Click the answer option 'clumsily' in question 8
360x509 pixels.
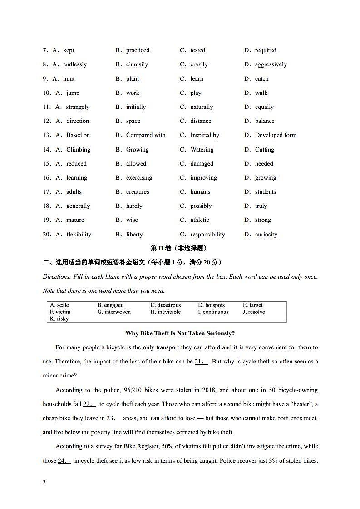click(137, 64)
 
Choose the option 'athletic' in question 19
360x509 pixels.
click(199, 220)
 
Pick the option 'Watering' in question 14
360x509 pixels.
click(202, 150)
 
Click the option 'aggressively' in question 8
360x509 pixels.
click(271, 64)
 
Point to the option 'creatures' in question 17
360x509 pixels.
click(137, 192)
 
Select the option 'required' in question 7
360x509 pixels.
click(265, 50)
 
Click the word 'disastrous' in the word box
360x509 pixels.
click(168, 305)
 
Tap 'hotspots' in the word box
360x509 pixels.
click(215, 305)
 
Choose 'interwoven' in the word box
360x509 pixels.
click(117, 312)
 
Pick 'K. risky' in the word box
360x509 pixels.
click(59, 319)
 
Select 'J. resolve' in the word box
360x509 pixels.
click(254, 312)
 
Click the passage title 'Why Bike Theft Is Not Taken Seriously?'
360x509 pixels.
click(180, 333)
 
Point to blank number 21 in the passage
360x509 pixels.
click(202, 362)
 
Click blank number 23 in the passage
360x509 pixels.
click(113, 418)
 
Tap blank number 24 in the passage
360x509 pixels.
click(64, 461)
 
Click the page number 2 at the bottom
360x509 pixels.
click(44, 482)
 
